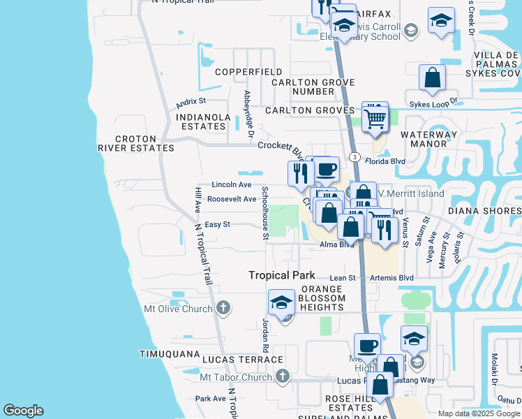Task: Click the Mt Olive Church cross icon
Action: tap(223, 307)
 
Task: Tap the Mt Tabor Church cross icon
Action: tap(283, 377)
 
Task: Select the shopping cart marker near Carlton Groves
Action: tap(375, 119)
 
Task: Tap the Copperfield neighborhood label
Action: tap(248, 72)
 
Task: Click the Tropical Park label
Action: tap(282, 276)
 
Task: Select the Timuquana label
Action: tap(170, 354)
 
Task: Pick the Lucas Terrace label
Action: tap(232, 359)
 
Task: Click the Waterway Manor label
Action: tap(428, 139)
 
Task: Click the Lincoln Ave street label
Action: tap(232, 185)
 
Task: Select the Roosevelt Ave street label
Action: tap(232, 199)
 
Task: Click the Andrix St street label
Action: tap(191, 103)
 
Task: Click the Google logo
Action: tap(23, 411)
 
